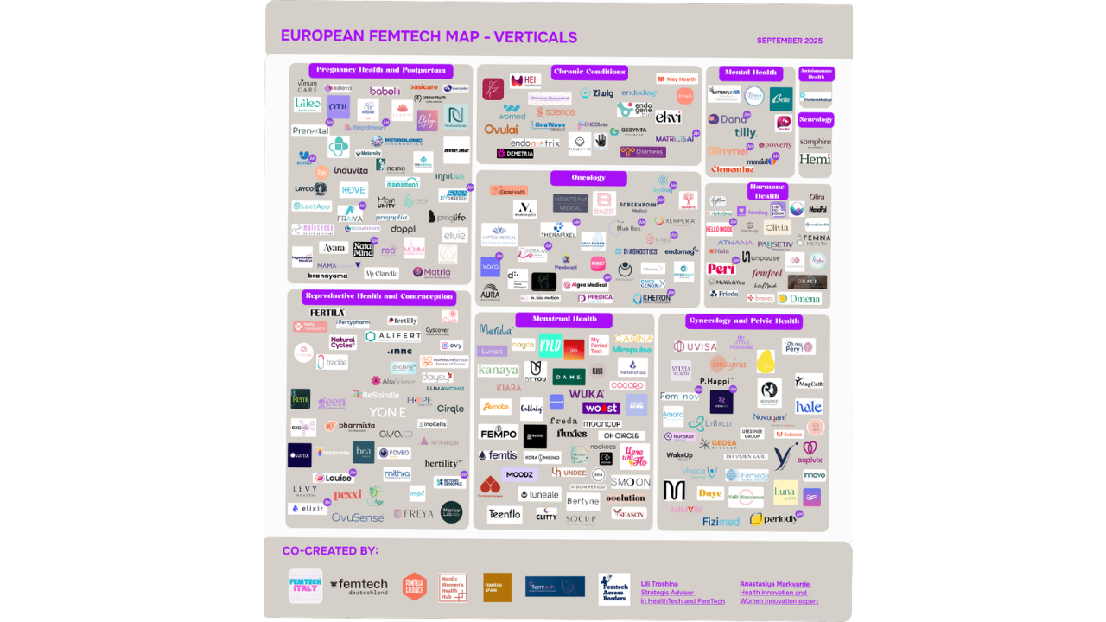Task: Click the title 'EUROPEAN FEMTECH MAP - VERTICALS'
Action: coord(429,37)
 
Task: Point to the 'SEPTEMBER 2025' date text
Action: coord(789,41)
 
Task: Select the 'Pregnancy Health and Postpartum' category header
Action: coord(380,71)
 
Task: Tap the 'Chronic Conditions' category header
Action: coord(589,73)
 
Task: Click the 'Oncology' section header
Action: coord(588,178)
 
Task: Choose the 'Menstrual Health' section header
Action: coord(563,320)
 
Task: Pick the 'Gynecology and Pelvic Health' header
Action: coord(744,321)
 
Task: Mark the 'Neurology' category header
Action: coord(816,119)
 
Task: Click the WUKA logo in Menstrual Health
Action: coord(587,394)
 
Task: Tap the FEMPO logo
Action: coord(499,433)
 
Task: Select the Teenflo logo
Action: coord(505,514)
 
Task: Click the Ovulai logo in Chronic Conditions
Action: coord(501,130)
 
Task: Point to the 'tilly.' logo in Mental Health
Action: coord(746,133)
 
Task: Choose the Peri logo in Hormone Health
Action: coord(721,270)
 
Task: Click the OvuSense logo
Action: coord(357,517)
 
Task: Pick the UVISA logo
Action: coord(696,346)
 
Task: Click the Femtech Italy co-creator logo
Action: coord(305,586)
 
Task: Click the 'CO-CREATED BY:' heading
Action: coord(330,551)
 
